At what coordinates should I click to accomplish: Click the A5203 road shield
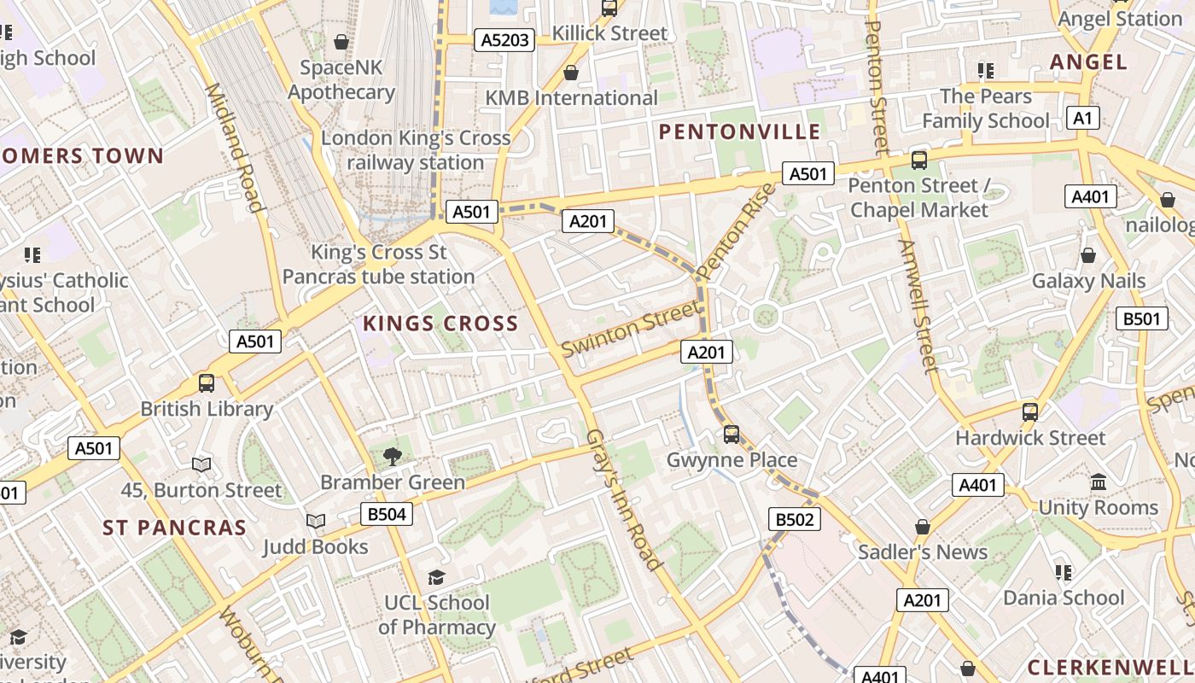pos(505,40)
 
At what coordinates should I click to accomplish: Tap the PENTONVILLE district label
pos(740,131)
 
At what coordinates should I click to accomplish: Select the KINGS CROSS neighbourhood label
pos(440,324)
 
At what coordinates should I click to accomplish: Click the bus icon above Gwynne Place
pos(732,434)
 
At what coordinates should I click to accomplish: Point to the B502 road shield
pos(795,519)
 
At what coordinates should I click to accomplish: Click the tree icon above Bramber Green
pos(393,456)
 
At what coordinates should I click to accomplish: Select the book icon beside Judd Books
pos(316,521)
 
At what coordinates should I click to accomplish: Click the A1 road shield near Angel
pos(1083,119)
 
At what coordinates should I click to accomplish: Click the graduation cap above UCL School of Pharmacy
pos(436,578)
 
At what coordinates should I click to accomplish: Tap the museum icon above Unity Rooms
pos(1099,482)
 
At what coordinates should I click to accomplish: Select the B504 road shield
pos(387,514)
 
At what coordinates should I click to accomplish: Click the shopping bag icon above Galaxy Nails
pos(1088,255)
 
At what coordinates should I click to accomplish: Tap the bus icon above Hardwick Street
pos(1030,412)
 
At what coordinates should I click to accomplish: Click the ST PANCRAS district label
pos(174,528)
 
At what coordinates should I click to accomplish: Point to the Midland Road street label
pos(233,148)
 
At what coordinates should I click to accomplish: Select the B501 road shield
pos(1141,319)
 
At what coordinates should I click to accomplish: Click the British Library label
pos(207,409)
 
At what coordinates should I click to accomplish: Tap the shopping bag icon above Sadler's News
pos(923,527)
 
